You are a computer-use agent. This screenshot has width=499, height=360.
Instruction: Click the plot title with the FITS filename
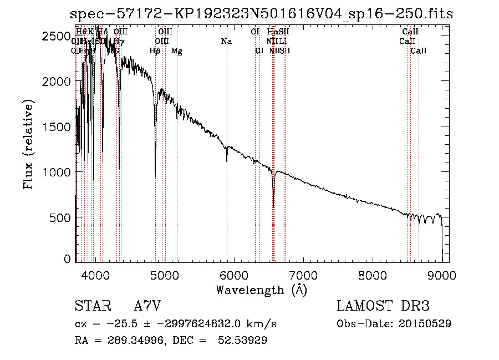262,14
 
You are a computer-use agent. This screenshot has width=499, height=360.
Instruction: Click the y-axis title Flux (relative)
28,144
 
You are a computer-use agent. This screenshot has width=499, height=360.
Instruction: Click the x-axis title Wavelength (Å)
261,290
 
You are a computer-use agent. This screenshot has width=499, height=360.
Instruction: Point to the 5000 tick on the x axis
164,274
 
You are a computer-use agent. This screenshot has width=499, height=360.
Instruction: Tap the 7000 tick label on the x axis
303,274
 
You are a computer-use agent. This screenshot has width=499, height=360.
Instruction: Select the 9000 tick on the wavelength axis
441,274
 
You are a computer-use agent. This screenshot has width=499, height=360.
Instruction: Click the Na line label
226,42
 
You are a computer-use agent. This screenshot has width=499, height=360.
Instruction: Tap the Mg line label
177,51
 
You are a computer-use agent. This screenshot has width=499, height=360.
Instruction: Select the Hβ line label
155,51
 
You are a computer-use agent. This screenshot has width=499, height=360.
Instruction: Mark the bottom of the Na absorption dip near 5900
227,161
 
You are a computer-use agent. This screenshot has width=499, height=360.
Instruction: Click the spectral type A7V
147,306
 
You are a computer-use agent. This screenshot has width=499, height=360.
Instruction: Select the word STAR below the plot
91,306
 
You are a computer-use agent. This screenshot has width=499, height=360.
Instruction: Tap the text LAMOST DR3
383,306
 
